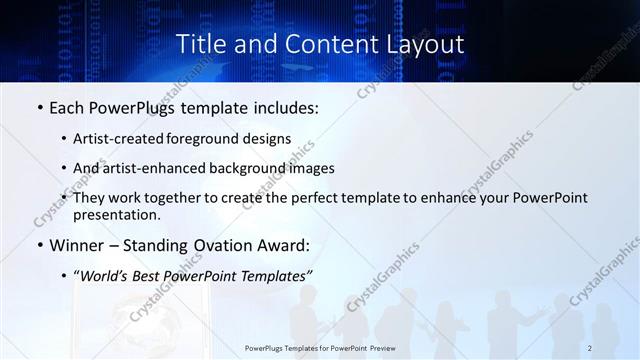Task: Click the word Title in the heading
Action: [x=200, y=45]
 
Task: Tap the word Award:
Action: [x=284, y=245]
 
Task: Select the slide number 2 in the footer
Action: [x=591, y=348]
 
